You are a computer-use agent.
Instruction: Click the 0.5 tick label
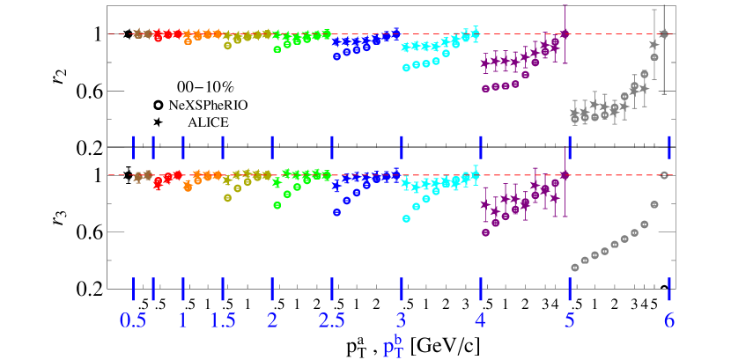[133, 320]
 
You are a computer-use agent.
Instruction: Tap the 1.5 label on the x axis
[223, 320]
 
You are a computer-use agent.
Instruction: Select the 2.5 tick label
[331, 320]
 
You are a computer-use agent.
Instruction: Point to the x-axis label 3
[401, 320]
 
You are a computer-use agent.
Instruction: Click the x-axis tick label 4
[480, 320]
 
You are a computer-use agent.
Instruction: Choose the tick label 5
[570, 320]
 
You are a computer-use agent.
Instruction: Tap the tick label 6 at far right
[669, 320]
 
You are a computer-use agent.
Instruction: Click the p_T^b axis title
[393, 345]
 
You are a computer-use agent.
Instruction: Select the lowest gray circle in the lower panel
[575, 267]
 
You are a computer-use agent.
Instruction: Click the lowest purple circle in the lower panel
[485, 232]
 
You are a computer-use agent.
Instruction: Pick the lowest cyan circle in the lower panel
[406, 218]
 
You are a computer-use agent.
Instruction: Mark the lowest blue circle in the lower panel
[336, 212]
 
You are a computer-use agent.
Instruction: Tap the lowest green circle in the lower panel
[277, 205]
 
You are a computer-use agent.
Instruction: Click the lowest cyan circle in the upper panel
[406, 67]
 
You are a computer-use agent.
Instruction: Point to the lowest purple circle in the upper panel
[485, 88]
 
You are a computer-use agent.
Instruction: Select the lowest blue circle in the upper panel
[336, 56]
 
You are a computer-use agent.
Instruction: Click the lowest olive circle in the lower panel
[227, 198]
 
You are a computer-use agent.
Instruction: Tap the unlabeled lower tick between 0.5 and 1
[153, 289]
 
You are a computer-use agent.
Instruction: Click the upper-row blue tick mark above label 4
[480, 145]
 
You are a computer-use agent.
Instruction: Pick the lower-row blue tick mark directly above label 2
[272, 289]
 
